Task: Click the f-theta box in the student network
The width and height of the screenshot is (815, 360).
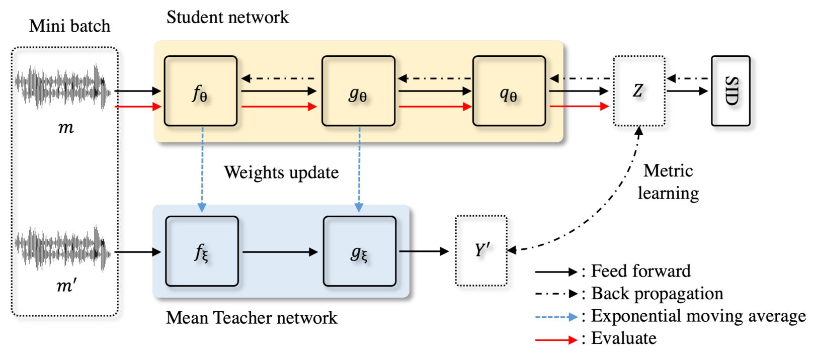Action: (x=201, y=91)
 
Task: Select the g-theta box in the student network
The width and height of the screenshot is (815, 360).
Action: (x=358, y=91)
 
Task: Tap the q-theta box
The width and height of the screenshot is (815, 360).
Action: (x=509, y=91)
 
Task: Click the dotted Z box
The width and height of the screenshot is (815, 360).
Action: (x=639, y=91)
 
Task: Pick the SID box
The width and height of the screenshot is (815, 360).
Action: (x=730, y=91)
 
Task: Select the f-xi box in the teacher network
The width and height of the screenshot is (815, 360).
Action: (x=202, y=251)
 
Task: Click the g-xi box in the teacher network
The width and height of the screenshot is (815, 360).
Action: (x=359, y=251)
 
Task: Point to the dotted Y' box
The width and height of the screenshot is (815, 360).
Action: (x=481, y=251)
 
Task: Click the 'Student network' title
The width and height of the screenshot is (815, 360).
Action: (x=227, y=18)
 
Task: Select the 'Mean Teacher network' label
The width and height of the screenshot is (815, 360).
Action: (x=252, y=318)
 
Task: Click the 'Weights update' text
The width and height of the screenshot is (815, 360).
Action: (x=281, y=172)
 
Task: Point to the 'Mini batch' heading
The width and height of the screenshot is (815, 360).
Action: (x=69, y=26)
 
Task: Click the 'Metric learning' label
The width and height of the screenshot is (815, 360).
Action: (x=668, y=182)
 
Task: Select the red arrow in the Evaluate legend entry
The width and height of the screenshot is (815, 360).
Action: (x=556, y=340)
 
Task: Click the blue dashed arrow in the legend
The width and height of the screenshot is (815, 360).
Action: (x=556, y=317)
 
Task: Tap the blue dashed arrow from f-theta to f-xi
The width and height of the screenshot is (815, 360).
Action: (x=202, y=168)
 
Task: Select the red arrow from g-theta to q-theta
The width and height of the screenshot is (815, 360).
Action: (x=435, y=107)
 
